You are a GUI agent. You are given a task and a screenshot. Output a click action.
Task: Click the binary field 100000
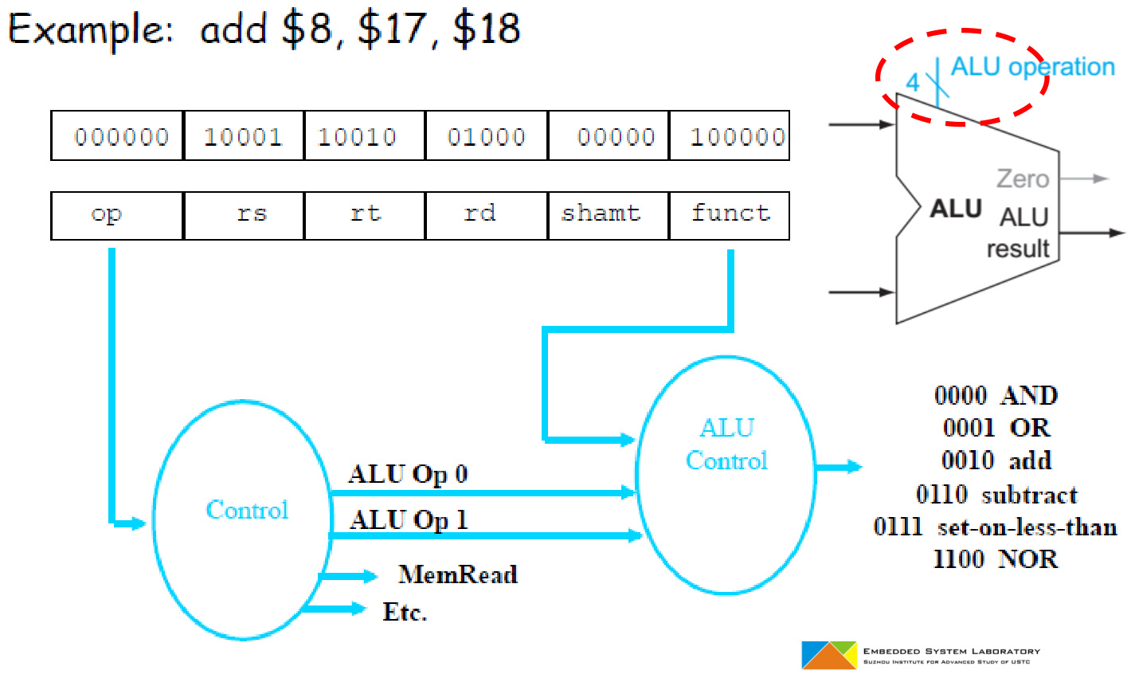(x=738, y=137)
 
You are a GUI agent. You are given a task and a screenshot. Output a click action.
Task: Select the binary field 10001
(x=243, y=137)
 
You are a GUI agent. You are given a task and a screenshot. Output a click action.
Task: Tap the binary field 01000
(x=486, y=137)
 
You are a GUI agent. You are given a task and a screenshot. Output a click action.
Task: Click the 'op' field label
(x=106, y=214)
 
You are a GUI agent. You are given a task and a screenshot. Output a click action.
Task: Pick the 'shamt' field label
(x=601, y=214)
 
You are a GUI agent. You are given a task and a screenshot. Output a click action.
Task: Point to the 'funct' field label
(x=730, y=214)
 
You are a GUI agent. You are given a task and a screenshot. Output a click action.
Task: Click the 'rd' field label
(x=479, y=214)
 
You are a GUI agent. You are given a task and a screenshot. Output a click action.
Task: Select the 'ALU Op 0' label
(x=408, y=474)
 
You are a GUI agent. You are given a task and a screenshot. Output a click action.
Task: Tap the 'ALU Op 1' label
(x=408, y=520)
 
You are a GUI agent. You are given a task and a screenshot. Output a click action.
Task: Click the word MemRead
(x=458, y=574)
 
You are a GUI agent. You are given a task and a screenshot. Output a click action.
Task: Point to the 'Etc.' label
(x=405, y=612)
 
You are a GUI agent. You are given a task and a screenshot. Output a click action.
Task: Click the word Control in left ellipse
(x=247, y=510)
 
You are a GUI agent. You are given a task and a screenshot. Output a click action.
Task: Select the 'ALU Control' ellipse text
(x=726, y=445)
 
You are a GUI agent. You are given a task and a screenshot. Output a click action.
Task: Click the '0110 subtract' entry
(x=996, y=495)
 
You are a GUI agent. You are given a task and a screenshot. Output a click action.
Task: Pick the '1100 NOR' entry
(x=996, y=559)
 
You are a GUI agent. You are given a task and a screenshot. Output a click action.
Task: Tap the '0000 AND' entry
(x=996, y=395)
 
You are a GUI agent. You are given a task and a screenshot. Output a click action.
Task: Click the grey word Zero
(x=1023, y=179)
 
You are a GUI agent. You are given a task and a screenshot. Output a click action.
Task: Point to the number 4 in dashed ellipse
(x=913, y=83)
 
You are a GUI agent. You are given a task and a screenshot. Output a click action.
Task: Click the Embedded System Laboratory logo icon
(x=828, y=654)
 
